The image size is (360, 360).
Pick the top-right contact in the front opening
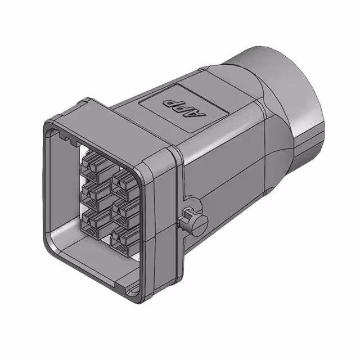[x=123, y=180]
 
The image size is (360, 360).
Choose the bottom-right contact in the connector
[x=123, y=241]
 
